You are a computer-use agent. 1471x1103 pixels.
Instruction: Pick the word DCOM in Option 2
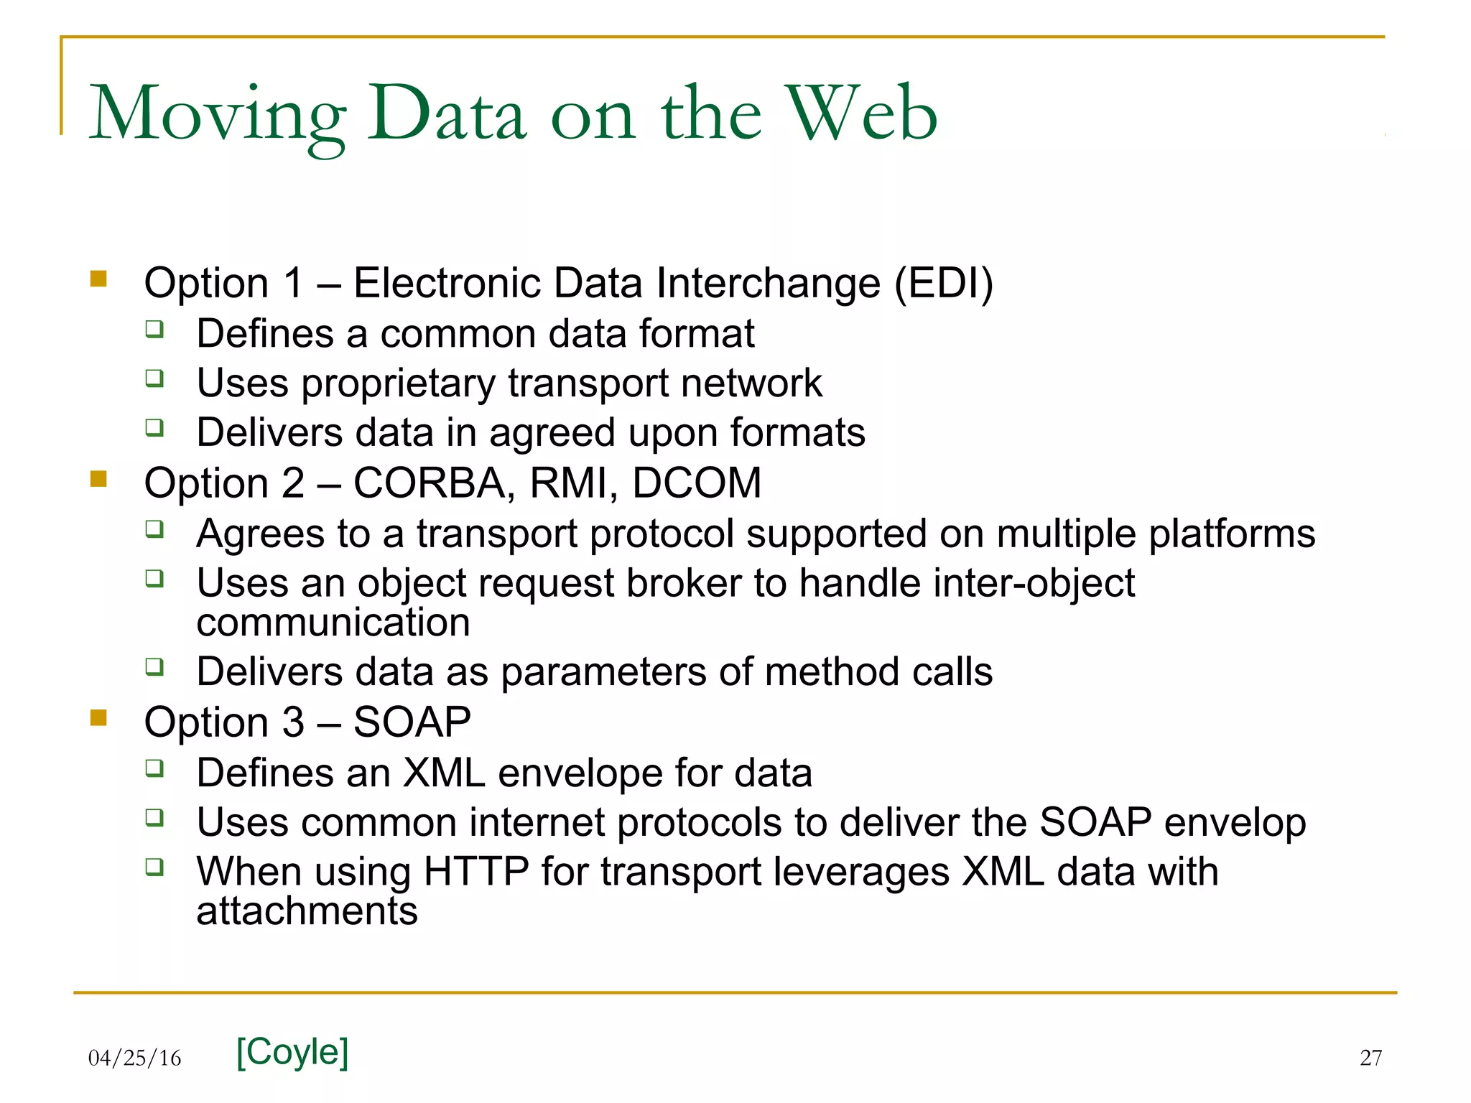click(x=696, y=483)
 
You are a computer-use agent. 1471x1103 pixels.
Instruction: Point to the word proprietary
click(x=398, y=383)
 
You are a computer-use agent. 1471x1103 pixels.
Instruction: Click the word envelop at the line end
click(x=1235, y=822)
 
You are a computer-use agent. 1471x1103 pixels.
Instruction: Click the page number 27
click(x=1370, y=1058)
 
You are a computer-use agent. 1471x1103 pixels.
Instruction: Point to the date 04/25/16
click(x=134, y=1058)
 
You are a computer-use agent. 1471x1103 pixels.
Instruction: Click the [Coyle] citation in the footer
click(x=292, y=1052)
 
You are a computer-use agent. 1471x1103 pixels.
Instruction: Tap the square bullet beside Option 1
click(x=98, y=279)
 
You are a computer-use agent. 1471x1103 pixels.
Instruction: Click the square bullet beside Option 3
click(x=98, y=717)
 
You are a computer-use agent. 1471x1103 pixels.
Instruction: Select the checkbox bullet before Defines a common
click(x=154, y=329)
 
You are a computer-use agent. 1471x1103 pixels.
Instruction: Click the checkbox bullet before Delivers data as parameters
click(x=154, y=667)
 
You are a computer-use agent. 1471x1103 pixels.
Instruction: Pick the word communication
click(x=333, y=623)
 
